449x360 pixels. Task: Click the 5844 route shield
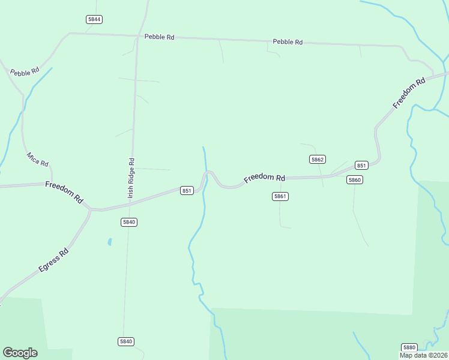94,19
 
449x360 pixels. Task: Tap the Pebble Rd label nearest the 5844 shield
159,37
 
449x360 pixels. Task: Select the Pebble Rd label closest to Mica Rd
25,71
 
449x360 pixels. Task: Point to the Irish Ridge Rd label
131,178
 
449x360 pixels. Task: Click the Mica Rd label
37,160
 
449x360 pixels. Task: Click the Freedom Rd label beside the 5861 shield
264,178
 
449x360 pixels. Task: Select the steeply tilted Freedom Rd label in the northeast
409,93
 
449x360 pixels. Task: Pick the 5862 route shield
318,159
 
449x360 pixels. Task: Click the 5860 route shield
355,180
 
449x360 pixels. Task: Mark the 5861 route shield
280,196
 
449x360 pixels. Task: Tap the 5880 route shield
409,347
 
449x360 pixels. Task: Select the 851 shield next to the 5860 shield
361,166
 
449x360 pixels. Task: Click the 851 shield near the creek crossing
187,191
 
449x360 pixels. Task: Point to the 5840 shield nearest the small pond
129,222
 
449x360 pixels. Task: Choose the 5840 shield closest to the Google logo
125,341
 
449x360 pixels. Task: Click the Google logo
20,353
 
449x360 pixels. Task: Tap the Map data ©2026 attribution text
423,355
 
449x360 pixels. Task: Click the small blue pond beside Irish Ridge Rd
109,242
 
